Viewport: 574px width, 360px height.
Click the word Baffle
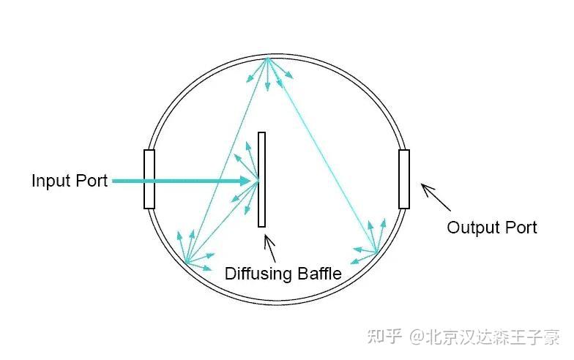point(318,274)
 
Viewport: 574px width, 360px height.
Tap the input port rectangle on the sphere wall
point(149,179)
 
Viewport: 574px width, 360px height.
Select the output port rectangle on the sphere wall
point(403,179)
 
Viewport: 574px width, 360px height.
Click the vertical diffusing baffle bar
point(261,180)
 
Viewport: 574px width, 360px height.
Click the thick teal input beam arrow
point(183,181)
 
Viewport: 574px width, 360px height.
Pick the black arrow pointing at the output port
point(435,196)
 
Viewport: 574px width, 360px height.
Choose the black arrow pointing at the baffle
point(270,249)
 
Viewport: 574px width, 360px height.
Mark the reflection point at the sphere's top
point(269,58)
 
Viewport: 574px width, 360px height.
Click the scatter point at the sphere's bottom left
point(186,262)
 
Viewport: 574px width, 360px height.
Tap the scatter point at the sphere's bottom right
point(376,253)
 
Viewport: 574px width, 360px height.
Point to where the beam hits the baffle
point(257,181)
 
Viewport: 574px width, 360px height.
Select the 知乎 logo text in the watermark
point(384,337)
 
